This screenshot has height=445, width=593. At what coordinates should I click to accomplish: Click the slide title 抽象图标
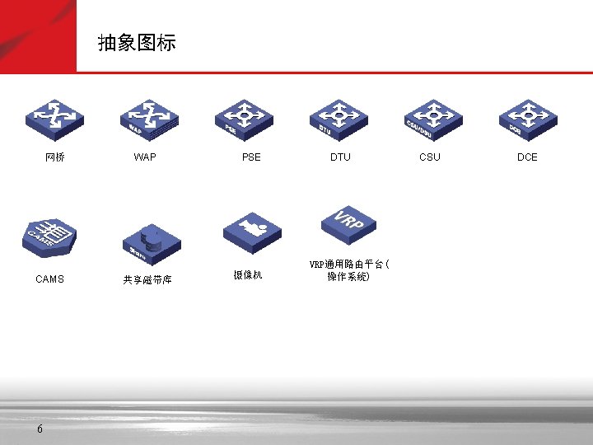click(x=137, y=43)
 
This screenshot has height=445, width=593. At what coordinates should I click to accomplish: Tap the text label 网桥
click(x=55, y=157)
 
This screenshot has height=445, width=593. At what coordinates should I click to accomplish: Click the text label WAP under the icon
click(x=145, y=157)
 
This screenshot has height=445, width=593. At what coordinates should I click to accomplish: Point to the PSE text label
click(x=251, y=157)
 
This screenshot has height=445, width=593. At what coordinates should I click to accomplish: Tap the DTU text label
click(x=340, y=157)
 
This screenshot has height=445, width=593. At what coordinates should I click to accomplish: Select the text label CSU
click(x=430, y=157)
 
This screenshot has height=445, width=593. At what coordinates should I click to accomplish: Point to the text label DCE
click(x=527, y=157)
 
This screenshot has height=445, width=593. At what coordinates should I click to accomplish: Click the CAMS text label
click(x=49, y=279)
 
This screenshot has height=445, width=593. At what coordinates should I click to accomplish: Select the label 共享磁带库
click(x=147, y=280)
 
